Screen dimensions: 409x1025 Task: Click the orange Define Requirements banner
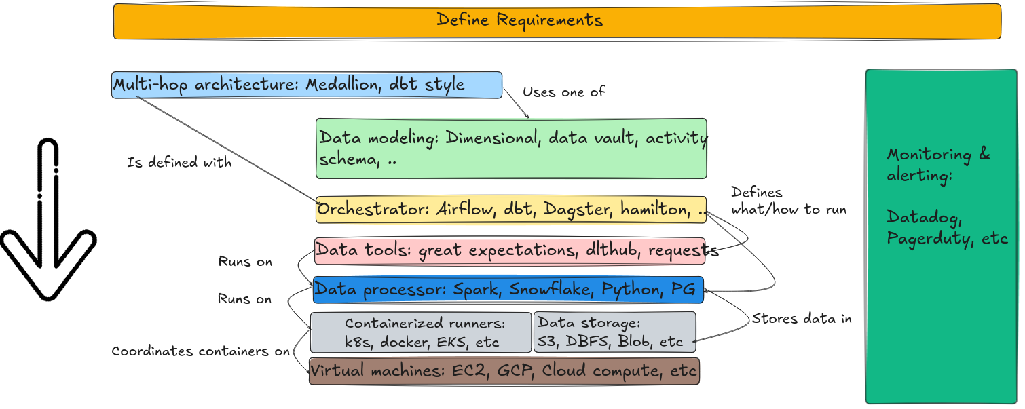[557, 21]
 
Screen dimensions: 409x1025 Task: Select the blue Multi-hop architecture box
[307, 85]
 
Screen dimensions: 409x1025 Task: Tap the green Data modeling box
[511, 149]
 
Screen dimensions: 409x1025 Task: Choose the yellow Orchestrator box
[510, 210]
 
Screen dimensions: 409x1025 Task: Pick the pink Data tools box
[510, 251]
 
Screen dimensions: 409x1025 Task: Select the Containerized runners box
[421, 332]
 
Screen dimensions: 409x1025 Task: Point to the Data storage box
[615, 332]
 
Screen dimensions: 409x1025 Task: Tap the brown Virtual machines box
[504, 371]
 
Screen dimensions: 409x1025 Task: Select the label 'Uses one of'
[563, 92]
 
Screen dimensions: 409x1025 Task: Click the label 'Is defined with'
[179, 163]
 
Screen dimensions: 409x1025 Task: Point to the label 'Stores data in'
[801, 319]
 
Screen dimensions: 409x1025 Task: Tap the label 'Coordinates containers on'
[200, 352]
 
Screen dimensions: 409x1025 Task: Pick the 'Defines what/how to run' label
[787, 201]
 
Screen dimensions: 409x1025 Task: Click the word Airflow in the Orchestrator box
[464, 210]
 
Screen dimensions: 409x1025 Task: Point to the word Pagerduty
[929, 239]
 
